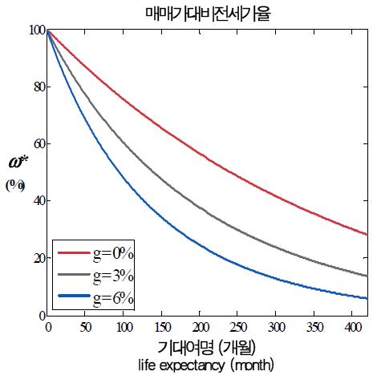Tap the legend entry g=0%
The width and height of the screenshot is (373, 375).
(112, 253)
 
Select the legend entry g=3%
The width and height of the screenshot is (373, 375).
(112, 276)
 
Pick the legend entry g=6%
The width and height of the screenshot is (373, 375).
(112, 298)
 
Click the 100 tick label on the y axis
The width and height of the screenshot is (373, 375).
(35, 30)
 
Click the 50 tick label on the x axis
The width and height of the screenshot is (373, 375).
(86, 328)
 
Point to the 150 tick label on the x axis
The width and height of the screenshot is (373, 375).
(161, 328)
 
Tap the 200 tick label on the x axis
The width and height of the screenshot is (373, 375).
(200, 328)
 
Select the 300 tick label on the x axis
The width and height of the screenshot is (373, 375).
(276, 328)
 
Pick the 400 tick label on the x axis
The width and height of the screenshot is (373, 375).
(351, 328)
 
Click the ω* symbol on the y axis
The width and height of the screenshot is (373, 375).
(18, 165)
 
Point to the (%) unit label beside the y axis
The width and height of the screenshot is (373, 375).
(16, 185)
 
